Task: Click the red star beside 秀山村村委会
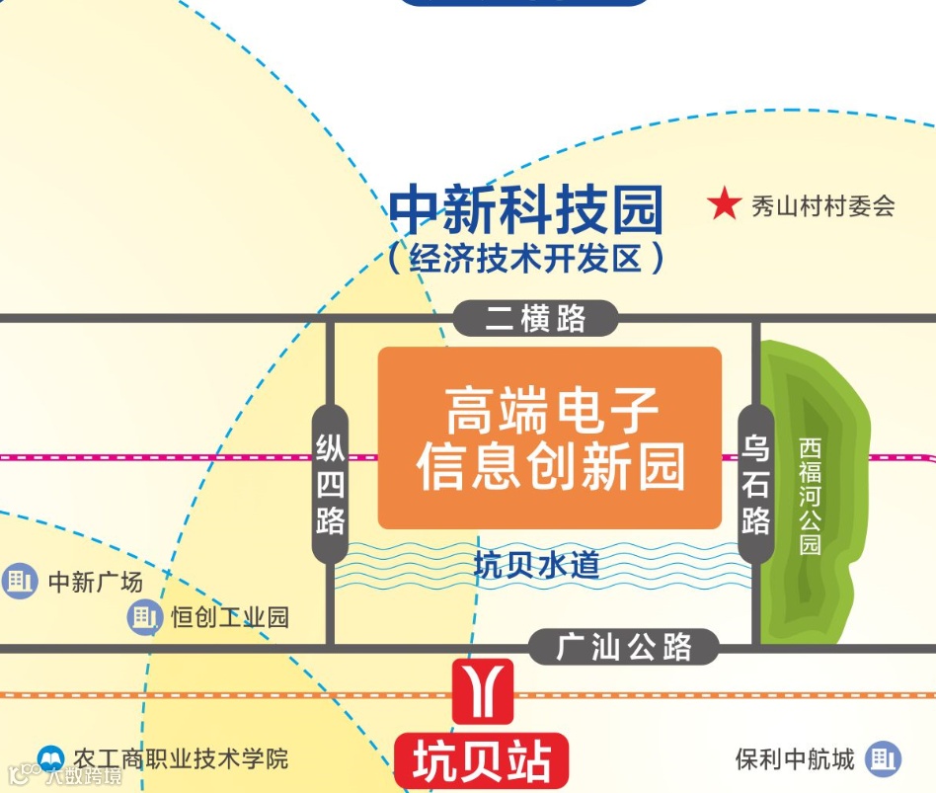[x=724, y=204]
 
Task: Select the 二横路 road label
[x=535, y=318]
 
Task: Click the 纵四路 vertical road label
[x=330, y=484]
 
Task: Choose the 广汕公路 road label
[x=624, y=648]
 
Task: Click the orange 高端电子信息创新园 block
[x=550, y=437]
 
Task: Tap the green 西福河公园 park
[x=812, y=494]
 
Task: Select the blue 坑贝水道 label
[x=536, y=566]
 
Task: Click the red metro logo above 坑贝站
[x=483, y=690]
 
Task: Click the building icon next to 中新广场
[x=19, y=581]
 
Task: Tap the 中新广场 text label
[x=96, y=582]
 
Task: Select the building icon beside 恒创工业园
[x=144, y=617]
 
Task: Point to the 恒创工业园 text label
[x=229, y=617]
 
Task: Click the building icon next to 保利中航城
[x=883, y=759]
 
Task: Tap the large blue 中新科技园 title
[x=525, y=209]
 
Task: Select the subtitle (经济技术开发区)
[x=525, y=259]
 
